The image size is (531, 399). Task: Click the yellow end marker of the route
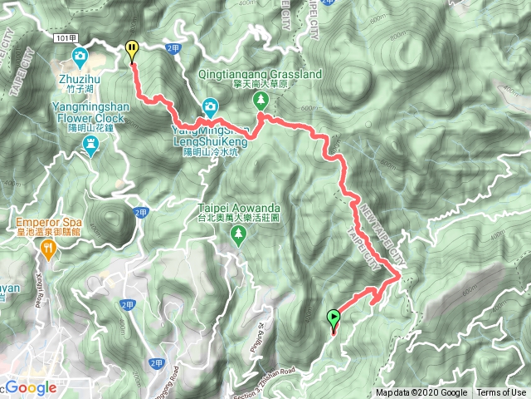pos(131,51)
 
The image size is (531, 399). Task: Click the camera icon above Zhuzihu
pos(80,57)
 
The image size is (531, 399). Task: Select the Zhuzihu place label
pos(80,79)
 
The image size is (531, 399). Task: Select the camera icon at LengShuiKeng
pos(211,106)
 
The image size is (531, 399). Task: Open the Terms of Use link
pos(501,393)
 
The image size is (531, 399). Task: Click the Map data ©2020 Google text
pos(421,393)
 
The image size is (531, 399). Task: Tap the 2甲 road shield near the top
pos(173,48)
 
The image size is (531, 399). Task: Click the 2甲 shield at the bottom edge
pos(157,363)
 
